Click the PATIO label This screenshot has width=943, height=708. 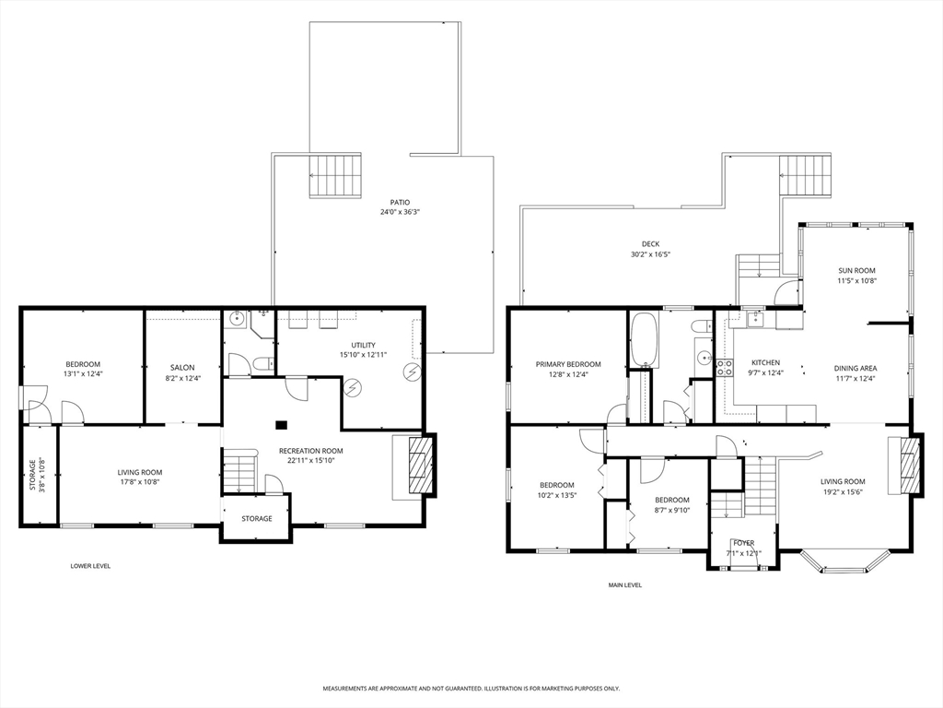coord(400,202)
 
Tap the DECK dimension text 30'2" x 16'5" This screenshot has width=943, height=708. coord(650,254)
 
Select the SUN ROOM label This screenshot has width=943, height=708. coord(856,271)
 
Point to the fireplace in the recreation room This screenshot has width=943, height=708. coord(421,466)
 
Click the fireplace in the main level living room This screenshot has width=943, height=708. coord(909,466)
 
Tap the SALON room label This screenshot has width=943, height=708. coord(182,368)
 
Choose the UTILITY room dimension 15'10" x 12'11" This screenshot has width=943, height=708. coord(363,355)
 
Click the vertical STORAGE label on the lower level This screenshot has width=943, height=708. coord(33,475)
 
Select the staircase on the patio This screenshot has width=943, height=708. coord(335,175)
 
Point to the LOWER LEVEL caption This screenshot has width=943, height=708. coord(90,566)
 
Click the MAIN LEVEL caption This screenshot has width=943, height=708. coord(625,585)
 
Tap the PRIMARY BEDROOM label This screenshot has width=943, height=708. coord(568,364)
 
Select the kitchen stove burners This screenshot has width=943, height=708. coord(724,368)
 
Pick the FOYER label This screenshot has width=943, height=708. coord(744,543)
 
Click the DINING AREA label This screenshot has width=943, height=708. coord(856,369)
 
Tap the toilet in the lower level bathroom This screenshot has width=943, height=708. coord(263,363)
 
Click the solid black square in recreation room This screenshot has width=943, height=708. coord(281,425)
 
